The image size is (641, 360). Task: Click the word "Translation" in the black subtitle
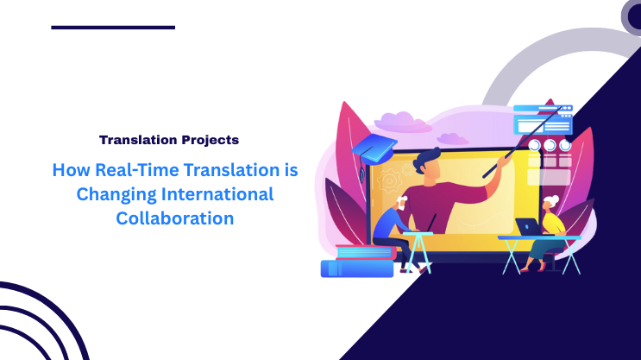click(x=138, y=139)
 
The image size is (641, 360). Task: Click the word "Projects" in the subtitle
click(x=209, y=139)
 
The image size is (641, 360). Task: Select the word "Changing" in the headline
click(x=115, y=194)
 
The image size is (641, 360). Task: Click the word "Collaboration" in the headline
click(x=175, y=218)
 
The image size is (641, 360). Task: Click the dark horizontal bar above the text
click(x=113, y=28)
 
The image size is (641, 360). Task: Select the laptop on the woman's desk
click(x=525, y=226)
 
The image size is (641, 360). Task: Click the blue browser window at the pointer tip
click(x=542, y=120)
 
